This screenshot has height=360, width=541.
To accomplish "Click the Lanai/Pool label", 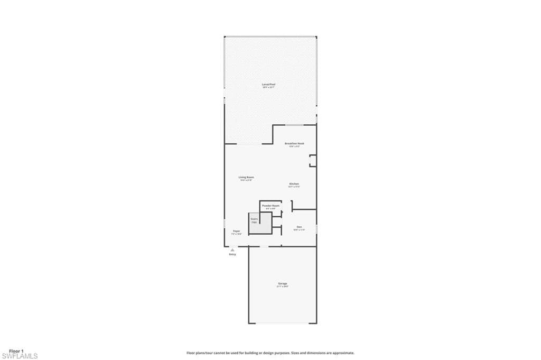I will [269, 85].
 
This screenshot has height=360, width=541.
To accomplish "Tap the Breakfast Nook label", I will [294, 143].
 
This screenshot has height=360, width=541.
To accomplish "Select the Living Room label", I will [246, 177].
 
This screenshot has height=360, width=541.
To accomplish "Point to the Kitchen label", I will [294, 183].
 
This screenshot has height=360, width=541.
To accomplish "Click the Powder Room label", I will [270, 205].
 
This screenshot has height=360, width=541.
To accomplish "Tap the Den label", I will [299, 227].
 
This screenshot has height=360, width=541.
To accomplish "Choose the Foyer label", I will [237, 230].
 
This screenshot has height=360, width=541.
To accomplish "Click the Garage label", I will [283, 283].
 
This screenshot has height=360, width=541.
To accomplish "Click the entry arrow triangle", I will [232, 250].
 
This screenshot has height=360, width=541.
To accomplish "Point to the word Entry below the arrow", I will [232, 255].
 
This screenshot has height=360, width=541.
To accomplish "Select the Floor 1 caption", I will [16, 351].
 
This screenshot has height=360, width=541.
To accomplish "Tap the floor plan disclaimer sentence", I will [270, 353].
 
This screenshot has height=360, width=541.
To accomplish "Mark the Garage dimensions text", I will [283, 287].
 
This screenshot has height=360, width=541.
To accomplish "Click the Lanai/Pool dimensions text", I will [269, 88].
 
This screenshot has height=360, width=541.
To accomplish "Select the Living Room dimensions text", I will [246, 180].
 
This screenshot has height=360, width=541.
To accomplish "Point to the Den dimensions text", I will [299, 230].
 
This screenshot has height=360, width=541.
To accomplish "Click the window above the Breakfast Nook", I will [294, 125].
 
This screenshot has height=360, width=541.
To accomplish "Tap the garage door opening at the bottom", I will [283, 323].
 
